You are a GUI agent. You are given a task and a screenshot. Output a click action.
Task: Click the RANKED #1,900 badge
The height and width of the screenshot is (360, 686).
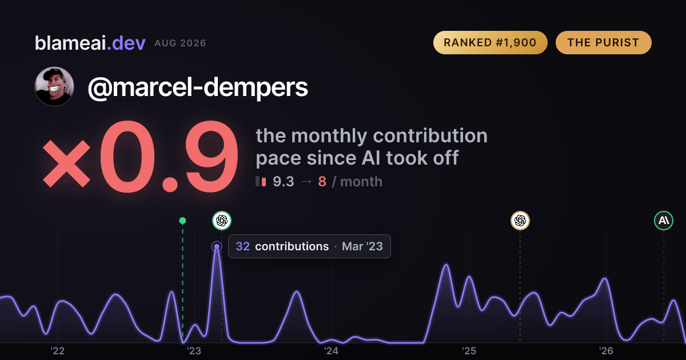490,42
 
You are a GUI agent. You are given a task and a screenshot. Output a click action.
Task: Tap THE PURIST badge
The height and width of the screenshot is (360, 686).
603,42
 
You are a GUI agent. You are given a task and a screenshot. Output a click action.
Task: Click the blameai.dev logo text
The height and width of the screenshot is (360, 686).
90,43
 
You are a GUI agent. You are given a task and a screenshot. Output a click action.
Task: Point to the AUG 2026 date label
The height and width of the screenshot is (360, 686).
180,43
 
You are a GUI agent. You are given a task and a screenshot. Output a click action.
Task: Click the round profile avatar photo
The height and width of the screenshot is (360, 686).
54,86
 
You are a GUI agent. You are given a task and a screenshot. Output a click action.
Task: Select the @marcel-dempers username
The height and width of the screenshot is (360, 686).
198,87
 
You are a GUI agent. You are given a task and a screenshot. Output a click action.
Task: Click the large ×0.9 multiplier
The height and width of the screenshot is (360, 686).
140,157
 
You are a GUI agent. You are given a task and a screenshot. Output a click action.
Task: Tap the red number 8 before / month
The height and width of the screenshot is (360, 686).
322,182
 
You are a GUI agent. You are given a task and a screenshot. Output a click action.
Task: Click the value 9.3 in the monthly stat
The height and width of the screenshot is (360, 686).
284,182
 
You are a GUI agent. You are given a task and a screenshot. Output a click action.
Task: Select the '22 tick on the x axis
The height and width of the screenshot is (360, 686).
57,351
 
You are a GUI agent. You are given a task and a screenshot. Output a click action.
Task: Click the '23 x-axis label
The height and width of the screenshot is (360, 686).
194,351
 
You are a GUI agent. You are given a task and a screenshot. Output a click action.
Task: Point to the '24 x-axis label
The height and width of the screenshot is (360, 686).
332,351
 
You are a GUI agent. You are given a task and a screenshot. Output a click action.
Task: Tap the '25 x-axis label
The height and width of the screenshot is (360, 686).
469,351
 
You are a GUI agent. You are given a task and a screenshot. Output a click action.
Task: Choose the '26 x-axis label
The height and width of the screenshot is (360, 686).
606,351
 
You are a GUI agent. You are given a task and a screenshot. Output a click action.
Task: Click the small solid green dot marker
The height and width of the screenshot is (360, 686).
182,221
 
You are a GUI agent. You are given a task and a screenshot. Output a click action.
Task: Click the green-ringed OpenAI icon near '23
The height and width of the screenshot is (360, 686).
222,221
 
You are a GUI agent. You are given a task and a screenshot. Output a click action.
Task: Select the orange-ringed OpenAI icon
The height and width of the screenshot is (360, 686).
520,221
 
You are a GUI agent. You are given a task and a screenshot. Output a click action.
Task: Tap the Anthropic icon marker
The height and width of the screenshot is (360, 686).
664,221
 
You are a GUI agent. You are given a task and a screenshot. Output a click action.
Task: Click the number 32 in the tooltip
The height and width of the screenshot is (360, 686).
243,246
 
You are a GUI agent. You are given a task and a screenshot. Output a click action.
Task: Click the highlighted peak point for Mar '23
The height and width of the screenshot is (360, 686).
217,246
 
